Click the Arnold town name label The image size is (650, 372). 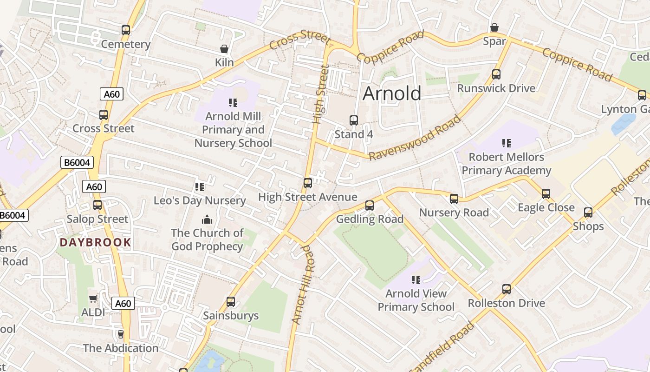[x=391, y=93]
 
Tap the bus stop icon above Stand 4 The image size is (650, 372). [x=354, y=120]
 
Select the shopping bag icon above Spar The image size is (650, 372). [x=494, y=27]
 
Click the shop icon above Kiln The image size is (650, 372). [x=224, y=49]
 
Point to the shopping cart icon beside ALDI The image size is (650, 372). [x=93, y=299]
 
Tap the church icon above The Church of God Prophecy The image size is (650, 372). [x=207, y=219]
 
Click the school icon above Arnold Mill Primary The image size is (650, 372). [x=233, y=103]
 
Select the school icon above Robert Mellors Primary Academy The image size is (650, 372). [x=506, y=143]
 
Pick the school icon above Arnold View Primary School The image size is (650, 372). [x=416, y=280]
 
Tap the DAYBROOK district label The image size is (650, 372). [x=95, y=242]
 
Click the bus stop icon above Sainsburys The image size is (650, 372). [x=231, y=302]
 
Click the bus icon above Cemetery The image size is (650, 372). [x=126, y=30]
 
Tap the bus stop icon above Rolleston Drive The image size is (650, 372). [x=507, y=289]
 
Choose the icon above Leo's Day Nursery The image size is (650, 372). [x=200, y=187]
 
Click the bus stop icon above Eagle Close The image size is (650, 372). [x=546, y=193]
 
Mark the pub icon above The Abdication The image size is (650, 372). [x=121, y=334]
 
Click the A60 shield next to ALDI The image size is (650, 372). [x=123, y=304]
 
